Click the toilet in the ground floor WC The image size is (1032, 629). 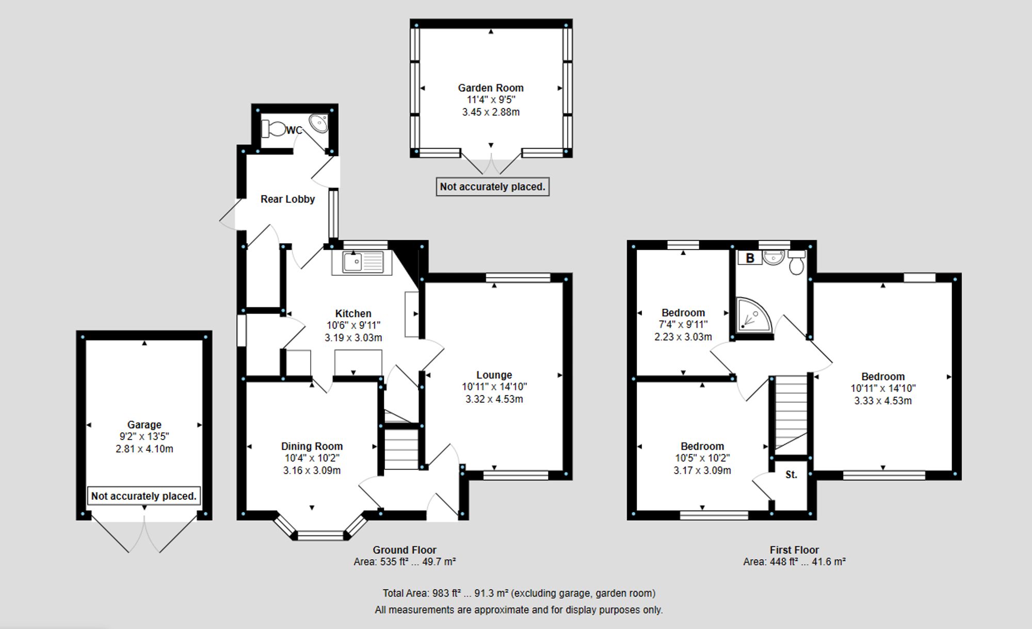click(273, 129)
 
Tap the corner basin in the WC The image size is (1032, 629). click(318, 123)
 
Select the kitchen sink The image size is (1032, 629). click(358, 262)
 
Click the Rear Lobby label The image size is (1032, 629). click(287, 199)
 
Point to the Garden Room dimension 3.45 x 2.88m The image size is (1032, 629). click(491, 112)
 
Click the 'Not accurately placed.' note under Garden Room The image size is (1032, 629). click(492, 187)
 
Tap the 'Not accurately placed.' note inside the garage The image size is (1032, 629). click(144, 496)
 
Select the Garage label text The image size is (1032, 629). click(144, 424)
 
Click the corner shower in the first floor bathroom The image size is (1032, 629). click(752, 315)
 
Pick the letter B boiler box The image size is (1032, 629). click(750, 258)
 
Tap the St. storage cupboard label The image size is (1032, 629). click(791, 475)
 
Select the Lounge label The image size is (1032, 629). click(494, 375)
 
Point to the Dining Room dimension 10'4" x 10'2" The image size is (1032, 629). click(312, 458)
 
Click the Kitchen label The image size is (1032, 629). click(353, 313)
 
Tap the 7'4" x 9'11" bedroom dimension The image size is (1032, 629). click(683, 325)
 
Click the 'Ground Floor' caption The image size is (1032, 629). click(404, 550)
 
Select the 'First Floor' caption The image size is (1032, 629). click(794, 550)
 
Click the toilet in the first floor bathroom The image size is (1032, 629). click(797, 264)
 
